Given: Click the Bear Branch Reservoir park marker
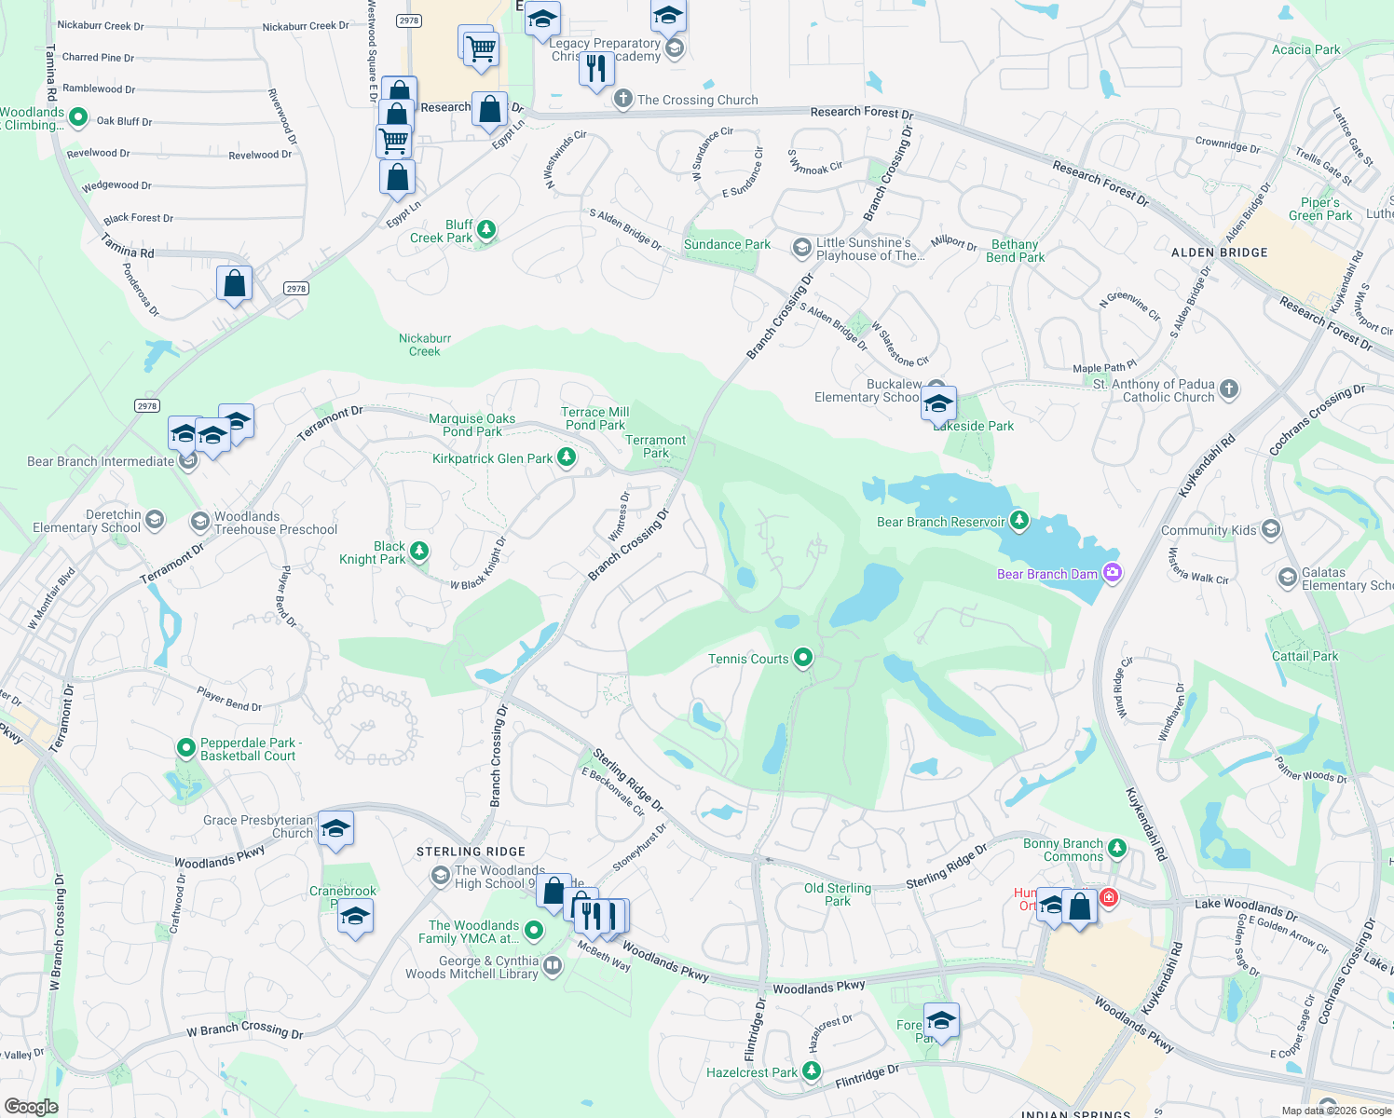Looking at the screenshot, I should pyautogui.click(x=1019, y=521).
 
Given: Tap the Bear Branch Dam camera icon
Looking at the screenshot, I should pyautogui.click(x=1112, y=573).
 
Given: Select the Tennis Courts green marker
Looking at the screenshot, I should pyautogui.click(x=803, y=659).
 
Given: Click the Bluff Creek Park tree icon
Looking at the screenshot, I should pyautogui.click(x=485, y=229).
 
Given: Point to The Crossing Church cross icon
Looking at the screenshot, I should pyautogui.click(x=622, y=99).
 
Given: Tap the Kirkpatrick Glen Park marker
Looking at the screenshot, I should pyautogui.click(x=567, y=457).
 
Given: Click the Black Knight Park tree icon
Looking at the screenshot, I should pyautogui.click(x=419, y=552).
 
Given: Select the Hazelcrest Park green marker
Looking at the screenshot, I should pyautogui.click(x=812, y=1072).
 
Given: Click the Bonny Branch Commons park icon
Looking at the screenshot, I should pyautogui.click(x=1116, y=849).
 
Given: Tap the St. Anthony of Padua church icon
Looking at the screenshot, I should pyautogui.click(x=1229, y=389).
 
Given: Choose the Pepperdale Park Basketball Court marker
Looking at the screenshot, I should pyautogui.click(x=186, y=748).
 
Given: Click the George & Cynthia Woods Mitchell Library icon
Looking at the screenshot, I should pyautogui.click(x=553, y=966).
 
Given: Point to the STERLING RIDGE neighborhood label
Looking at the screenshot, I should pyautogui.click(x=471, y=852).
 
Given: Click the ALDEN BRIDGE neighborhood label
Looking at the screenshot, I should pyautogui.click(x=1219, y=252).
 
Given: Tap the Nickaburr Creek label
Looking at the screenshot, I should pyautogui.click(x=425, y=345).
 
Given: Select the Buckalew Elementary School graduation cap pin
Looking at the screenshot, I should pyautogui.click(x=937, y=404).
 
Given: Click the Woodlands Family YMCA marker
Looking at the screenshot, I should pyautogui.click(x=534, y=930).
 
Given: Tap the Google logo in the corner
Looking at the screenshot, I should pyautogui.click(x=31, y=1106).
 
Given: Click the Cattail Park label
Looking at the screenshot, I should pyautogui.click(x=1305, y=656).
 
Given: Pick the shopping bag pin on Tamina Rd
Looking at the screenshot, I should pyautogui.click(x=234, y=283).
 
